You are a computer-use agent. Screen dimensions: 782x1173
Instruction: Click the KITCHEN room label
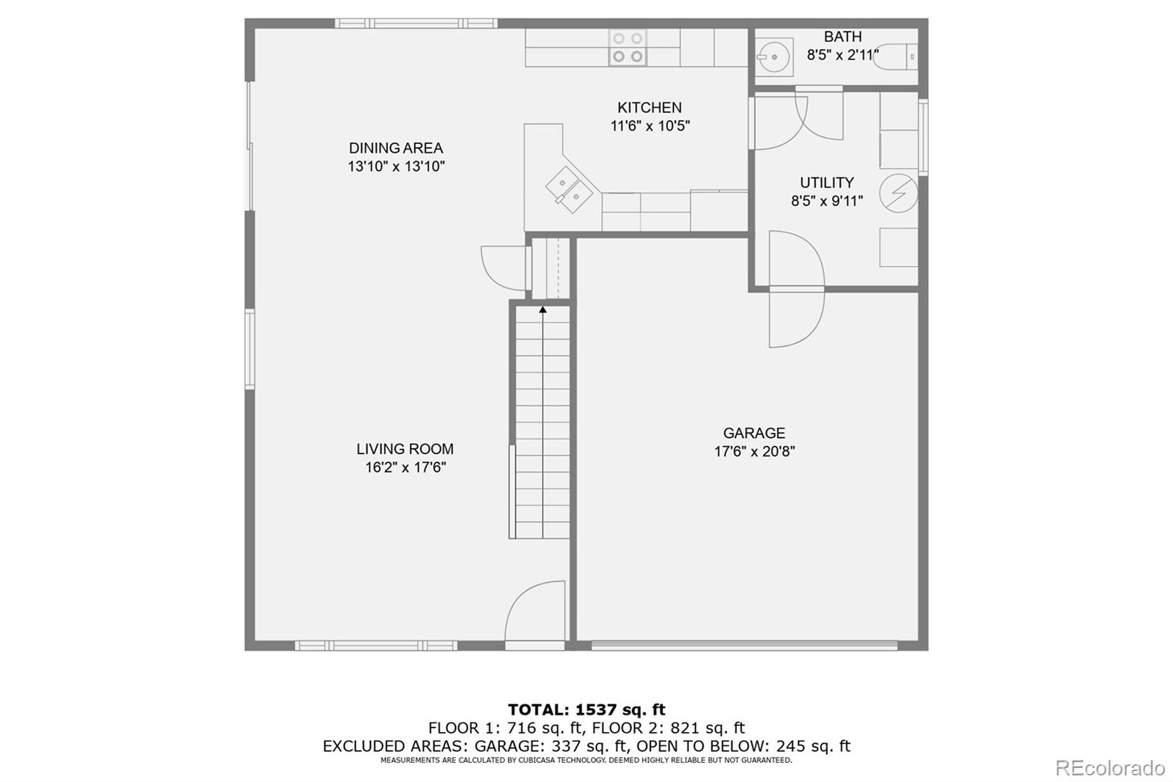click(x=649, y=108)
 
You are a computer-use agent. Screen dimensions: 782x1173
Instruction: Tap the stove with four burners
click(x=628, y=48)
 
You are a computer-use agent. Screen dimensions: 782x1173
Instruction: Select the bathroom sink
click(x=773, y=56)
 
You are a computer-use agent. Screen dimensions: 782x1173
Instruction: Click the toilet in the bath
click(x=896, y=56)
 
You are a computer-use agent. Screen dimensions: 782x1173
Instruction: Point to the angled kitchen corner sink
click(x=569, y=189)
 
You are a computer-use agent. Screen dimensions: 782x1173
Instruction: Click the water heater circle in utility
click(x=898, y=194)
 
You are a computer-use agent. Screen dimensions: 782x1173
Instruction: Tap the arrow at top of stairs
click(x=543, y=310)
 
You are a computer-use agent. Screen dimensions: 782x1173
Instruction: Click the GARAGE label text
click(x=754, y=434)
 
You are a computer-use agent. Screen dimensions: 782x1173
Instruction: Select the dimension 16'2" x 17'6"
click(x=405, y=467)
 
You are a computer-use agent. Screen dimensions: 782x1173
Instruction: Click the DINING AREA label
click(x=396, y=148)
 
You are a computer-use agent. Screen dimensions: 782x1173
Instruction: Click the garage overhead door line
click(x=743, y=646)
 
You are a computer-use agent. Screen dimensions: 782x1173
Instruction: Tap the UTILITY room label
click(x=826, y=183)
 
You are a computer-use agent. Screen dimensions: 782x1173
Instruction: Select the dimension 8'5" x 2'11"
click(x=842, y=55)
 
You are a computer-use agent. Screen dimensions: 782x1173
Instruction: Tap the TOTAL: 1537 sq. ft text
click(x=586, y=709)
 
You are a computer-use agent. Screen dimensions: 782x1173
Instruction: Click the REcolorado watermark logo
click(x=1109, y=768)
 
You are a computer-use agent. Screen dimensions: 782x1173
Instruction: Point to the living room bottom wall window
click(x=375, y=646)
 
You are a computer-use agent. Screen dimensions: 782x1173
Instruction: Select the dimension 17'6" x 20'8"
click(x=754, y=452)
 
